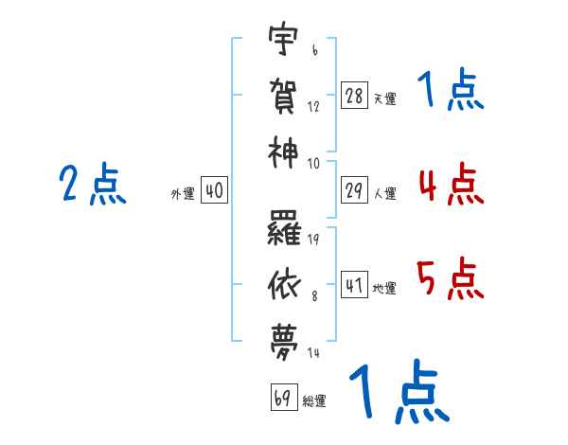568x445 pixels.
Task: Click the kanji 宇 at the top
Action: coord(283,39)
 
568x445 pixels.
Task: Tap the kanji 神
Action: coord(283,152)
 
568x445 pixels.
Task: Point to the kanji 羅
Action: coord(284,228)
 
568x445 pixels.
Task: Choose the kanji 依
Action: coord(284,285)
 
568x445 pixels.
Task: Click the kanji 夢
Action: coord(284,343)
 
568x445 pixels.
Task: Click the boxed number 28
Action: coord(354,96)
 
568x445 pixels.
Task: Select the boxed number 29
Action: coord(354,190)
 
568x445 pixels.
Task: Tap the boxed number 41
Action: coord(354,285)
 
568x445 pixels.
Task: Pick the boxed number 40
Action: coord(214,190)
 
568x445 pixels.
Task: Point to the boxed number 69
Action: coord(284,397)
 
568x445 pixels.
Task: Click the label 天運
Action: coord(385,98)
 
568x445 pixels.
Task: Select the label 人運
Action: coord(385,193)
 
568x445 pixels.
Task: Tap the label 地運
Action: coord(384,288)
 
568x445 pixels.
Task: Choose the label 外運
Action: coord(183,193)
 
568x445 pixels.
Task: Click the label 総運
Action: coord(314,400)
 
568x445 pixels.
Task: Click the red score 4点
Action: coord(452,184)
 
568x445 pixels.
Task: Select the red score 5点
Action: coord(451,278)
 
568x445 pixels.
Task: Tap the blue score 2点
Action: coord(93,184)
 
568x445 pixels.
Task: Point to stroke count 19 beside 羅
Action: coord(313,240)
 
